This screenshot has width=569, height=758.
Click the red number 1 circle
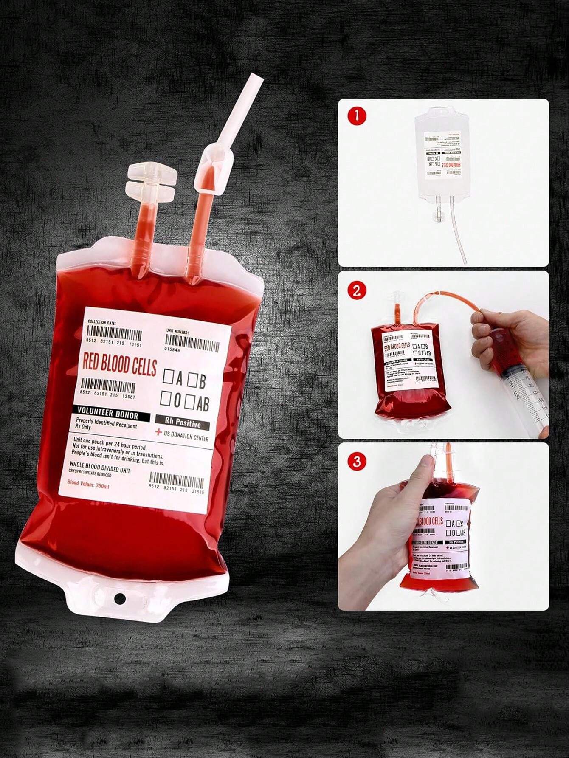[356, 116]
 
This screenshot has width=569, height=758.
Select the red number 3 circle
[356, 461]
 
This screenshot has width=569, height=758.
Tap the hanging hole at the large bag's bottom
[120, 598]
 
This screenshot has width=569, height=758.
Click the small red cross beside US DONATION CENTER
[158, 432]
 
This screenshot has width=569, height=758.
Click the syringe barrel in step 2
[520, 384]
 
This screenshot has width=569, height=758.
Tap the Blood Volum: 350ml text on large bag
[88, 484]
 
